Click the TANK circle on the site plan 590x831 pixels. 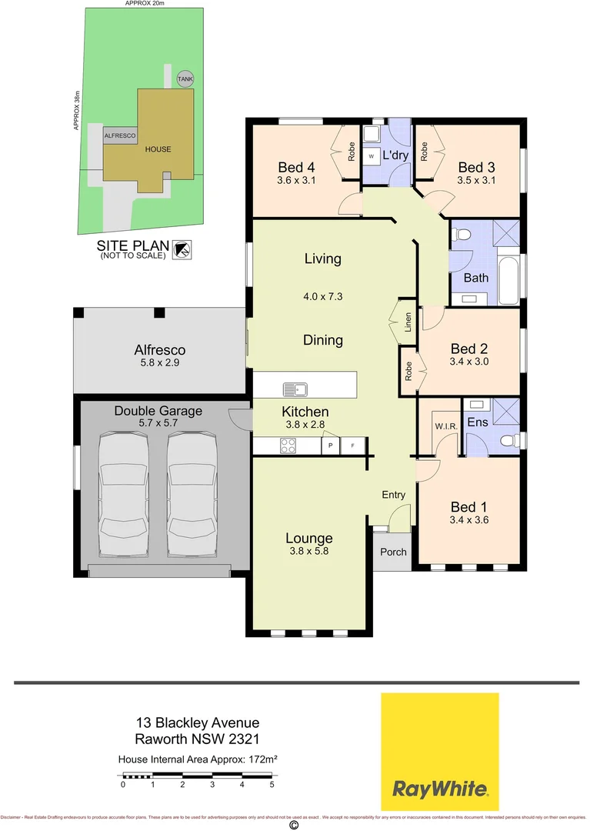[185, 78]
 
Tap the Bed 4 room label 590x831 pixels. [296, 167]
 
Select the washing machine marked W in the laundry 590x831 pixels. [371, 155]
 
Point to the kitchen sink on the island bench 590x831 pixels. [295, 388]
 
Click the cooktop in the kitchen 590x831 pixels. [288, 445]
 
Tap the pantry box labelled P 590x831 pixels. [331, 446]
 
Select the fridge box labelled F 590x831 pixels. [354, 446]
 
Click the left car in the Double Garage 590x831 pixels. [123, 495]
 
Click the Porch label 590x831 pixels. [393, 552]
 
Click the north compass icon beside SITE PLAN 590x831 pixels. [183, 248]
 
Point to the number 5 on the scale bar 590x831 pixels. [272, 786]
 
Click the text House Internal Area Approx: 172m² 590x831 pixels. [197, 759]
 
